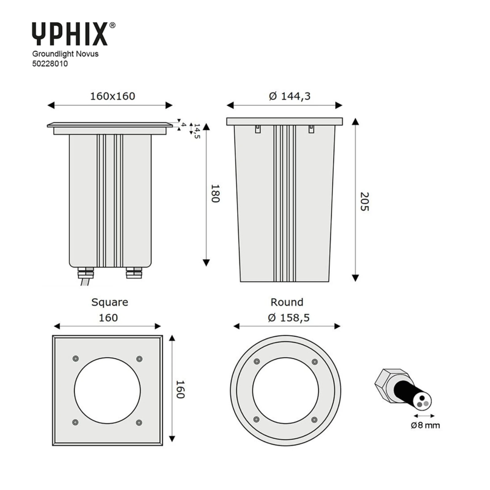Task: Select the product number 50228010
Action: (x=50, y=64)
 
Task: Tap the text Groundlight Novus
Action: (x=65, y=54)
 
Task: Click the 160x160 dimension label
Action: (x=113, y=96)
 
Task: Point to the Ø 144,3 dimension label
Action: (x=290, y=96)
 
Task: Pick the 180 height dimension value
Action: (x=215, y=193)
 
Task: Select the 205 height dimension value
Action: (x=365, y=201)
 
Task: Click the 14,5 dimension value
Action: (x=197, y=131)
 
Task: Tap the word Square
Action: (x=110, y=302)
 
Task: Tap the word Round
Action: (x=287, y=302)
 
